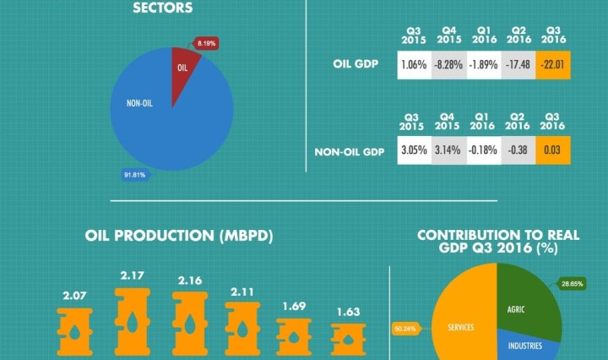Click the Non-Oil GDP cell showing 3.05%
414,152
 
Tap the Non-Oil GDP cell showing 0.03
553,152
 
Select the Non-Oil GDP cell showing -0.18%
483,152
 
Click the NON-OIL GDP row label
349,153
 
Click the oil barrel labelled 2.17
133,321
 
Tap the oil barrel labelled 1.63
347,335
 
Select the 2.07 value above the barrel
75,296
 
